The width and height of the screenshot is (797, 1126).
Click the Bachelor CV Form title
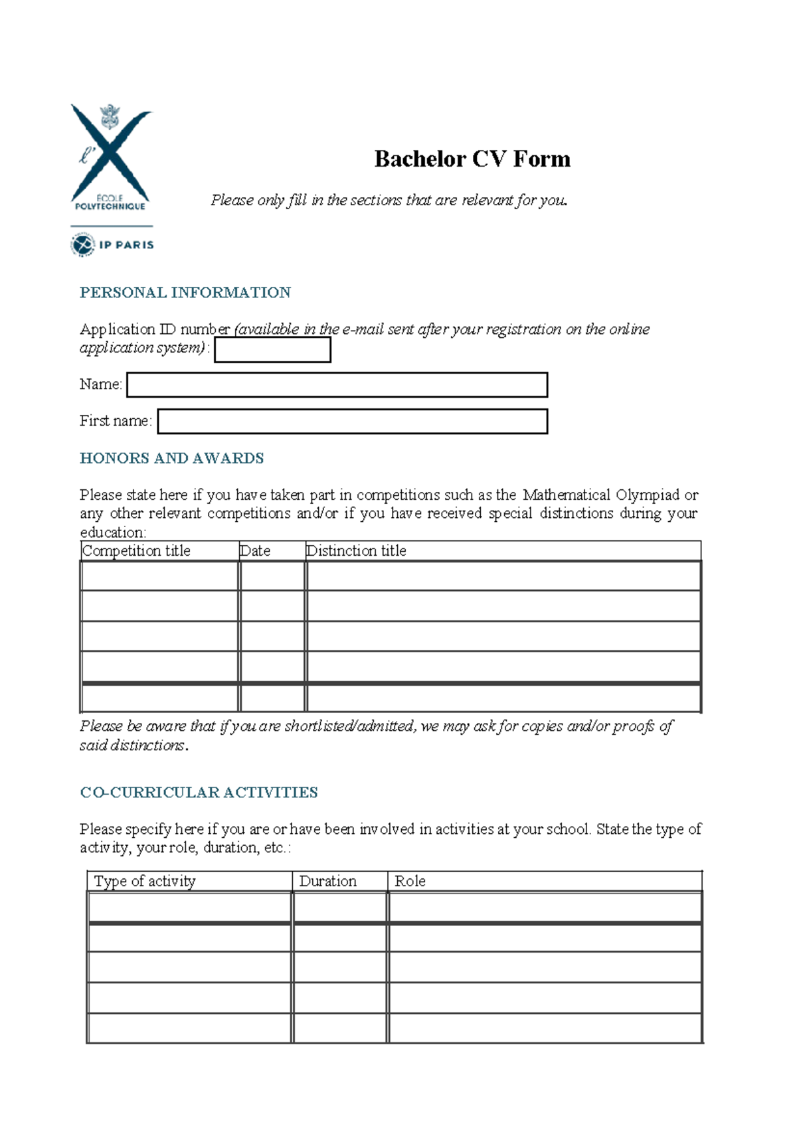tap(472, 159)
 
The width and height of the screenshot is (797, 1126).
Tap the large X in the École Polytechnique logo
tap(111, 154)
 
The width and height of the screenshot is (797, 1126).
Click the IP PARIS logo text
tap(126, 245)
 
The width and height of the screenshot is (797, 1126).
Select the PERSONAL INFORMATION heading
tap(185, 293)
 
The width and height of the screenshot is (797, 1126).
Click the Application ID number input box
tap(272, 350)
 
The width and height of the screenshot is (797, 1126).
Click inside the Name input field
tap(337, 385)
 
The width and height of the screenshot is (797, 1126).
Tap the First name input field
tap(352, 422)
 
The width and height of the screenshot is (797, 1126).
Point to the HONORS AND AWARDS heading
tap(172, 458)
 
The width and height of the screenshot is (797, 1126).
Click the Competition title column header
tap(136, 551)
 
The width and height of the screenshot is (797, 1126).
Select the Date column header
tap(255, 551)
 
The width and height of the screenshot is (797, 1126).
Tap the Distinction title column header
tap(356, 551)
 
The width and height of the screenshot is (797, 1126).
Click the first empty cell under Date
tap(272, 576)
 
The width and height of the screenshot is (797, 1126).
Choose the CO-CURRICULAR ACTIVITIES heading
tap(199, 793)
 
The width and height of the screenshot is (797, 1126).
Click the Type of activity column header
tap(145, 881)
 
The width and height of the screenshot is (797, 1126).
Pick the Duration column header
tap(327, 881)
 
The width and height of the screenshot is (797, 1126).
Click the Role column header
tap(410, 881)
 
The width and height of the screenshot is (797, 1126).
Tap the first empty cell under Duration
tap(339, 907)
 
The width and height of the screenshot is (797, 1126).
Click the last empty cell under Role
tap(545, 1028)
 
